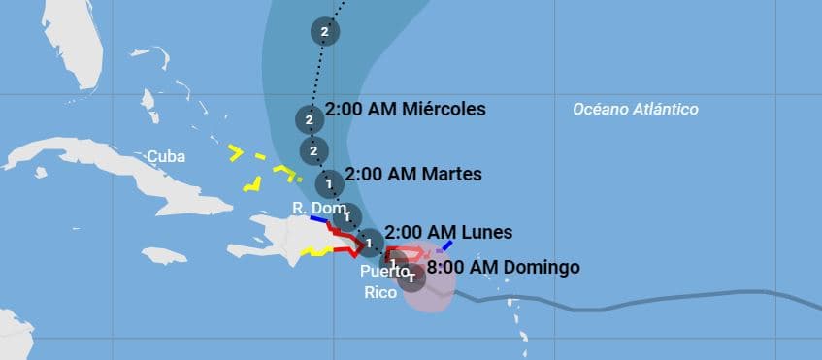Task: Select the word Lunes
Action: pyautogui.click(x=482, y=232)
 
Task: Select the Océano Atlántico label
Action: pyautogui.click(x=635, y=110)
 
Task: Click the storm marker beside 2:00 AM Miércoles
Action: pyautogui.click(x=309, y=120)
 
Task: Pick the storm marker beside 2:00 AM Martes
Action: pyautogui.click(x=329, y=182)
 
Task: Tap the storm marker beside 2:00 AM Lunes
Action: pyautogui.click(x=369, y=240)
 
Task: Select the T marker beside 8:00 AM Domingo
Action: pyautogui.click(x=411, y=278)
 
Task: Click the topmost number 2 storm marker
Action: pyautogui.click(x=324, y=32)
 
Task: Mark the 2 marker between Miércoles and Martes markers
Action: pyautogui.click(x=312, y=150)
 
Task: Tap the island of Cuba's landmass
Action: pyautogui.click(x=146, y=180)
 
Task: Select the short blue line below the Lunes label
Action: pyautogui.click(x=444, y=245)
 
